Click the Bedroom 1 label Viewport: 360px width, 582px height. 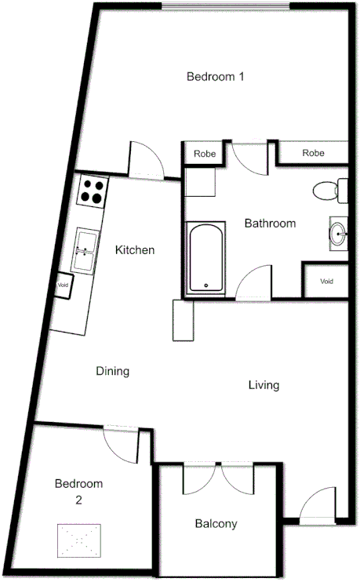click(x=216, y=77)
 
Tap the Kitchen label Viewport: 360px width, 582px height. click(x=135, y=250)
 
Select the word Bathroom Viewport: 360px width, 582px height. click(x=270, y=224)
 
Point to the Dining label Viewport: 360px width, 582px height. click(x=112, y=371)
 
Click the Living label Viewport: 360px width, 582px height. click(x=264, y=385)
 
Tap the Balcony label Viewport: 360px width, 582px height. click(x=216, y=524)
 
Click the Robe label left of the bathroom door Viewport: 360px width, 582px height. click(x=205, y=154)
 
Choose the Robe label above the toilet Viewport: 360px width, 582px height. click(x=313, y=153)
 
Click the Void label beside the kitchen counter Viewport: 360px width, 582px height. click(x=63, y=286)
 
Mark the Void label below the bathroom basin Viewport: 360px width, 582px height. click(x=326, y=281)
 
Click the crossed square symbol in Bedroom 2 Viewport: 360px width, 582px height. click(x=78, y=540)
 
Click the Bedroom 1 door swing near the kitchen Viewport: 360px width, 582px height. click(x=146, y=161)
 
